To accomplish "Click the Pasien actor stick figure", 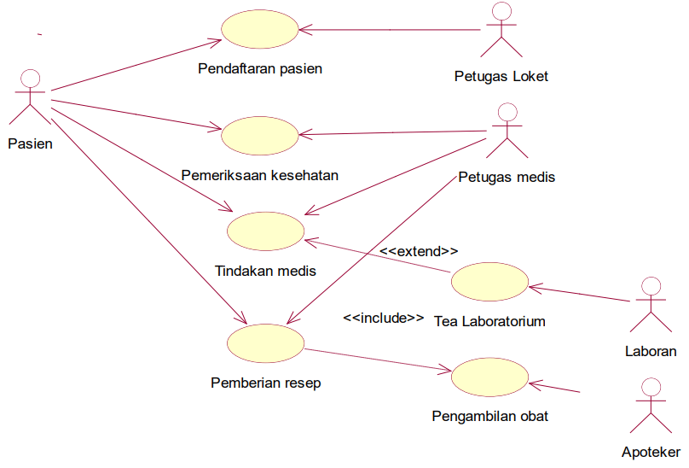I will coord(30,98).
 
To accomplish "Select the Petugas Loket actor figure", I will coord(501,30).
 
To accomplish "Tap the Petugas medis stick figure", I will coord(507,131).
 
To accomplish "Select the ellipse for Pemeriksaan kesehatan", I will coord(260,135).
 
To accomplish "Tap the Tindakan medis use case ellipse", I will coord(266,231).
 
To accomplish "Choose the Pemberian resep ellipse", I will coord(266,342).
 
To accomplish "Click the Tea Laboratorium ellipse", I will coord(489,283).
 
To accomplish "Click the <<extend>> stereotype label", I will coord(419,251).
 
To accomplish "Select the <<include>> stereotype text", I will coord(384,317).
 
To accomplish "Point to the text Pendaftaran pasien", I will coord(260,68).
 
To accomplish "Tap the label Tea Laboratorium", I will coord(489,322).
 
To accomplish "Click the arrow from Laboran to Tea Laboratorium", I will coord(580,294).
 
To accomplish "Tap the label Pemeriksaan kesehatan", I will coord(260,175).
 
